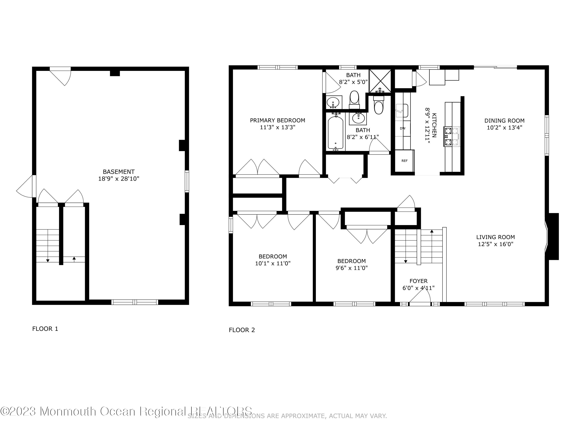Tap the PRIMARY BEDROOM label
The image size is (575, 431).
[x=277, y=120]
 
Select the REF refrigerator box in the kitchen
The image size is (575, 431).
[x=404, y=161]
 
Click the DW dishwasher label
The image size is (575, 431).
[x=402, y=128]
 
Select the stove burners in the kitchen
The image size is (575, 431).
[x=452, y=136]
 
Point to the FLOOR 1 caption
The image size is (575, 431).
[x=45, y=329]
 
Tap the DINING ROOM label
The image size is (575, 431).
[x=504, y=120]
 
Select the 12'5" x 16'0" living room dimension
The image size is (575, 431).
[x=495, y=244]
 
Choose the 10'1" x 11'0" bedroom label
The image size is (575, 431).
[x=273, y=263]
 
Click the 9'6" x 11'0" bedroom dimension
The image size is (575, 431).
[x=352, y=268]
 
